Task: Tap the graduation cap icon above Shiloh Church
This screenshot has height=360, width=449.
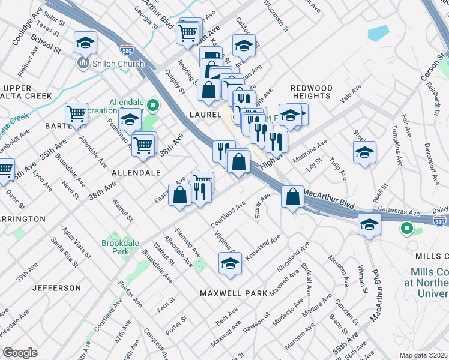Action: coord(85,43)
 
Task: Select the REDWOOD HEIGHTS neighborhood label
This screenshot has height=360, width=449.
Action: coord(311,92)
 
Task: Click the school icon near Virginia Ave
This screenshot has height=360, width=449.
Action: coord(230,263)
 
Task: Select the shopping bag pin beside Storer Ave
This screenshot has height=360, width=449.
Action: coord(292,197)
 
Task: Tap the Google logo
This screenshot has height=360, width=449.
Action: coord(20,352)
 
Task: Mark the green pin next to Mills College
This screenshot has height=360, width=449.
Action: coord(406,228)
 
